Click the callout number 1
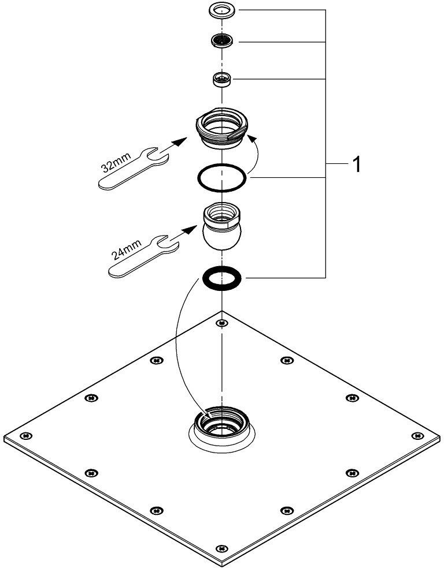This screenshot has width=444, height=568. (357, 166)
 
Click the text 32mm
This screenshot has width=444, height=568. (117, 160)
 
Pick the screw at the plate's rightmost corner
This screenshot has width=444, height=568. (416, 435)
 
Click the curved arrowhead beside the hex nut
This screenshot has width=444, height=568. (250, 137)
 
